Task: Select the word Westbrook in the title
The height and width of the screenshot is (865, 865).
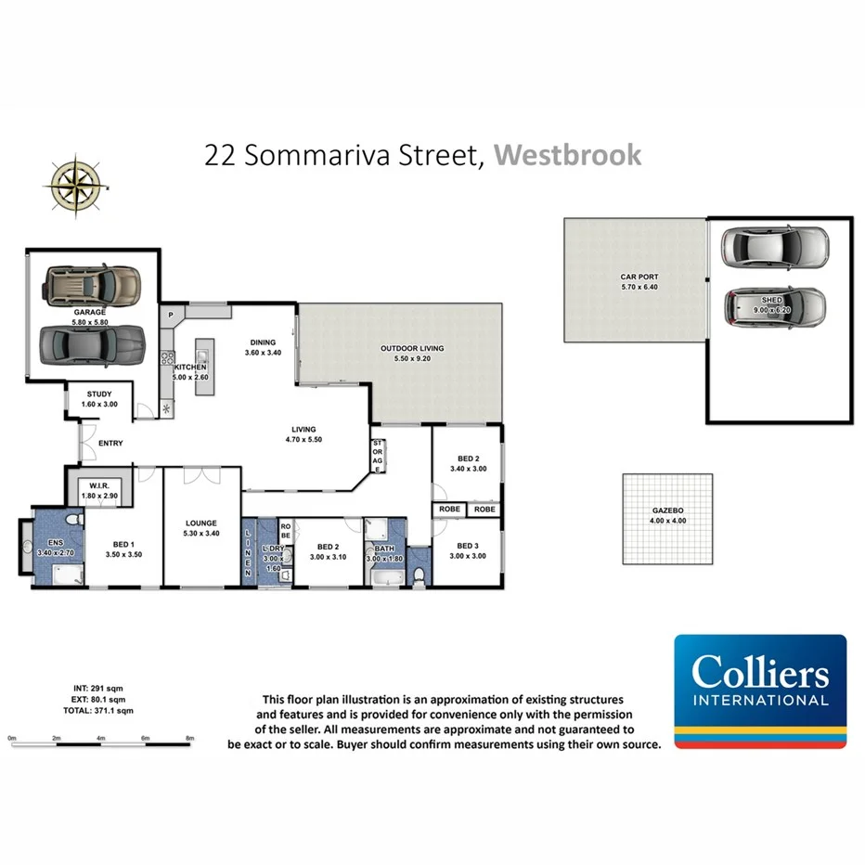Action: (x=567, y=154)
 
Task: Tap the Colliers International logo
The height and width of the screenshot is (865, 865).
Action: (x=760, y=691)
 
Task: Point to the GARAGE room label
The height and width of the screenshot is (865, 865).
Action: (x=90, y=313)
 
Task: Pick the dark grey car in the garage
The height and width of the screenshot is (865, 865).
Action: (x=93, y=345)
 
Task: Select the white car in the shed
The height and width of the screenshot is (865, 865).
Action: (x=774, y=246)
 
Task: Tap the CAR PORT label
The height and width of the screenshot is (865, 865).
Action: (x=639, y=277)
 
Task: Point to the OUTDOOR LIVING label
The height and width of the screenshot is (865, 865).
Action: (x=412, y=349)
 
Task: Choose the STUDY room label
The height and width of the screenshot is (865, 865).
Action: (x=99, y=394)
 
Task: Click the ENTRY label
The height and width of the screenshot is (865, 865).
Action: (x=110, y=443)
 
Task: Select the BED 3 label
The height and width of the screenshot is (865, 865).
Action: (x=467, y=545)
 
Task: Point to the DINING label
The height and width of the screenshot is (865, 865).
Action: (x=262, y=341)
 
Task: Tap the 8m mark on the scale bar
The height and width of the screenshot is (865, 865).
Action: (x=190, y=739)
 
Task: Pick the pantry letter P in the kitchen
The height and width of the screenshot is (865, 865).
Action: (x=172, y=316)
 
